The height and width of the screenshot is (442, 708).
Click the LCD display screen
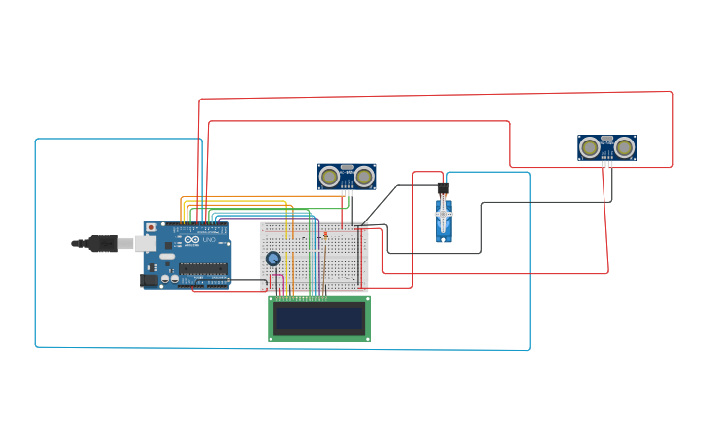click(319, 318)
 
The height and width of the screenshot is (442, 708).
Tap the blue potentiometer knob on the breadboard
click(273, 259)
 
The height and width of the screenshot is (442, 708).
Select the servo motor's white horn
click(443, 213)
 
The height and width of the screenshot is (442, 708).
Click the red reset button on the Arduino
click(150, 227)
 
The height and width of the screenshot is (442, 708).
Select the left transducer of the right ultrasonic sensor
click(589, 147)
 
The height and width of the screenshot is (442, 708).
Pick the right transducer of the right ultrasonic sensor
click(624, 147)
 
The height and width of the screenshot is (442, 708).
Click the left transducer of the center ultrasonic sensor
click(330, 177)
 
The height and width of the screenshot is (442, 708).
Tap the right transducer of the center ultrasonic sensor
click(364, 177)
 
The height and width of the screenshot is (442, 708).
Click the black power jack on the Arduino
click(148, 280)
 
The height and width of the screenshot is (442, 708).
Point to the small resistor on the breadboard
click(325, 234)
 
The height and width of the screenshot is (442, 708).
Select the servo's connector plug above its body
click(442, 188)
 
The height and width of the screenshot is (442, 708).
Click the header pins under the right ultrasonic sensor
click(606, 164)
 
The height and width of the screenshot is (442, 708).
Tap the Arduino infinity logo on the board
click(189, 240)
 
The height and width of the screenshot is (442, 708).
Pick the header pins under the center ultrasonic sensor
click(347, 193)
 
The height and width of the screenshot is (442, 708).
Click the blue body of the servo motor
click(444, 222)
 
